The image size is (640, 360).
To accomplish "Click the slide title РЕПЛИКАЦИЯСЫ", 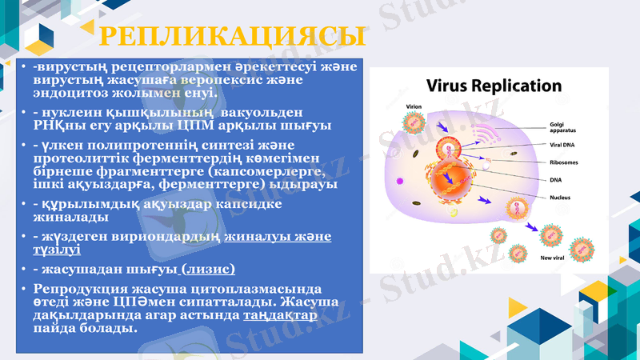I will coord(232,38).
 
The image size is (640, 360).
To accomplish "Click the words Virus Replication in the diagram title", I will coord(494,86).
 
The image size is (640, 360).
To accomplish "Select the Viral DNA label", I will coord(565,145).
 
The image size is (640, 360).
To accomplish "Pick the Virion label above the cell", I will coord(414,106).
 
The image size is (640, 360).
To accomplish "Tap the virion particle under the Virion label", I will coord(414,122).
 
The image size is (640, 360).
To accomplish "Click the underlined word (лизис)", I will coord(209,269).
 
